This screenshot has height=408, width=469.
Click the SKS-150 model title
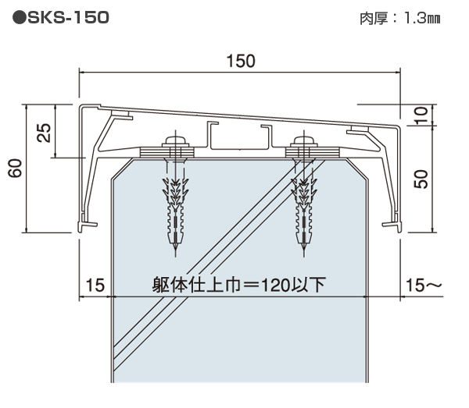pos(59,16)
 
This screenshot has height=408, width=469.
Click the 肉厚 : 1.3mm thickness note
pos(395,17)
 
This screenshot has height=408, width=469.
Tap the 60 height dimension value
pos(15,167)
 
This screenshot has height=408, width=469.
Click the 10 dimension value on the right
pos(421,115)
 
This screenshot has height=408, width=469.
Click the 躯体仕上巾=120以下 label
pos(239,285)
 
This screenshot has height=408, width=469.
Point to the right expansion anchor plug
pos(303,211)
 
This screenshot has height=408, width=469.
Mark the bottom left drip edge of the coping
pos(83,225)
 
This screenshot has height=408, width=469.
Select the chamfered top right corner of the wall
pos(361,169)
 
